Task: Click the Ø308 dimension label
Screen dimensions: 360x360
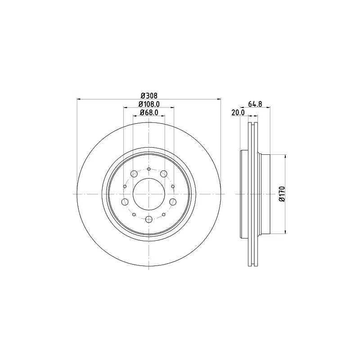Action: point(149,95)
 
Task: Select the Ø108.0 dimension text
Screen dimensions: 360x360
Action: point(149,104)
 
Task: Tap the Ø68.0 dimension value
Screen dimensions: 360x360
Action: point(149,112)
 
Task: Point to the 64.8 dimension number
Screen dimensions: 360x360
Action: point(255,104)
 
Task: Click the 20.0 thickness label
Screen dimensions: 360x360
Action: point(238,112)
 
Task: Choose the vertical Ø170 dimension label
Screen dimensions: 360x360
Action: point(282,194)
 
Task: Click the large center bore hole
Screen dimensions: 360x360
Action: point(149,194)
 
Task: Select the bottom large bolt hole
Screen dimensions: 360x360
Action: point(149,219)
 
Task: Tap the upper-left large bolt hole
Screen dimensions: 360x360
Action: point(134,174)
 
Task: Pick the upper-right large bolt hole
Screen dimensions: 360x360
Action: point(164,174)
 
